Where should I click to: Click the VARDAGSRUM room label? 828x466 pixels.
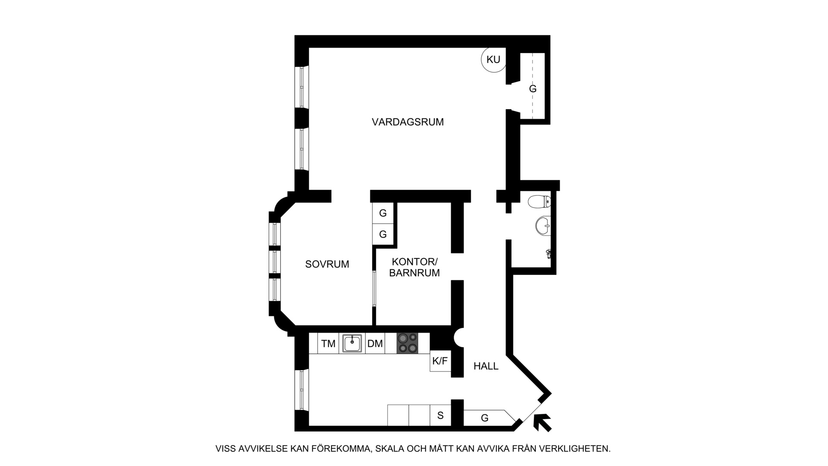tap(408, 122)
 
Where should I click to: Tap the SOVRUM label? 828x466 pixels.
tap(327, 264)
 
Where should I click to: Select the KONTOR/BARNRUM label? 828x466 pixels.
tap(414, 268)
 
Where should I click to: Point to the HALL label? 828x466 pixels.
tap(486, 366)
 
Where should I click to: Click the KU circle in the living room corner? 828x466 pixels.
tap(493, 60)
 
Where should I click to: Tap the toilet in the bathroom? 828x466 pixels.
tap(539, 201)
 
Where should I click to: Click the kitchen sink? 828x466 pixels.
tap(352, 343)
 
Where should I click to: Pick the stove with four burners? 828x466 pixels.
tap(408, 343)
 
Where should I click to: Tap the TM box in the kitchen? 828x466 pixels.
tap(328, 343)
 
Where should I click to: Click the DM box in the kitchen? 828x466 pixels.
tap(375, 343)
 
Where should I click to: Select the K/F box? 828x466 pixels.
tap(440, 361)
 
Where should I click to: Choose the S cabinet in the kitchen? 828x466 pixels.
tap(440, 416)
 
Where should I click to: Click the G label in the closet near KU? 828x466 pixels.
tap(533, 89)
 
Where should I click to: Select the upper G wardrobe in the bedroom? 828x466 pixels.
tap(383, 213)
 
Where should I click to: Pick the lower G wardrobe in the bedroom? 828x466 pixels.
tap(383, 234)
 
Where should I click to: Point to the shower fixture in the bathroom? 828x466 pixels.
tap(549, 254)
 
